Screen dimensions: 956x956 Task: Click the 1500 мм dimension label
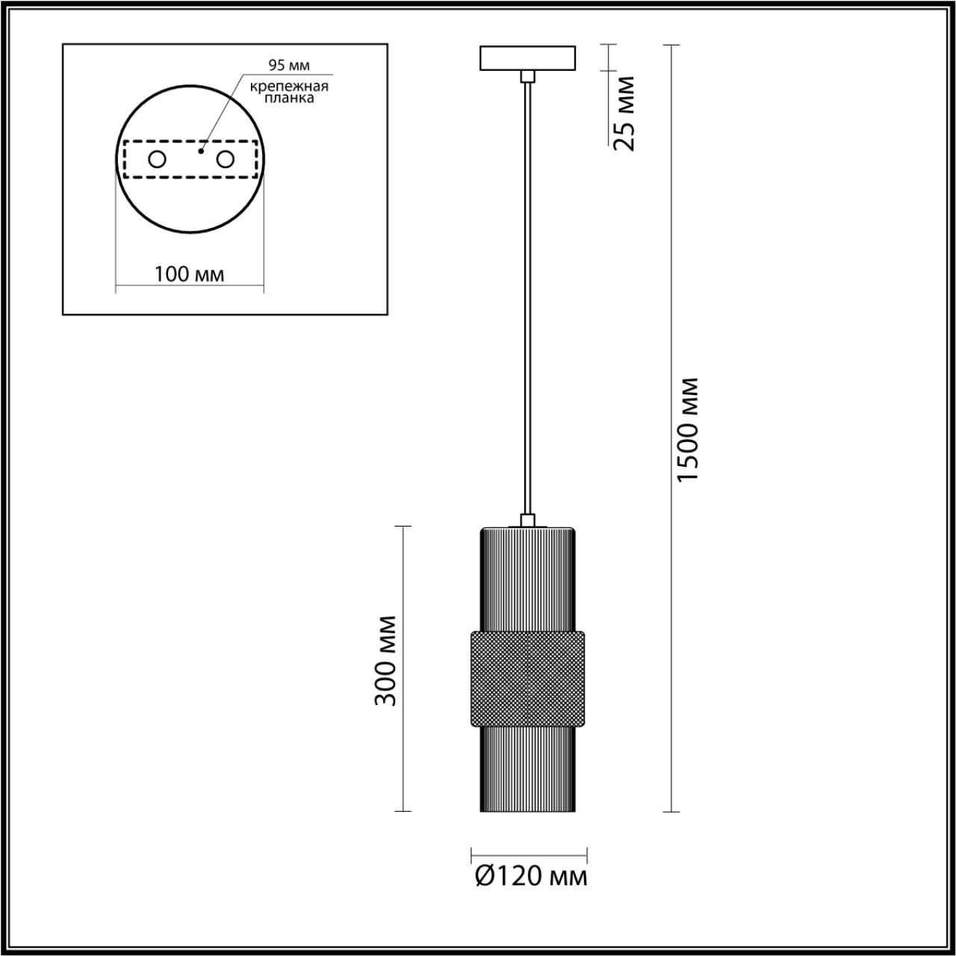688,429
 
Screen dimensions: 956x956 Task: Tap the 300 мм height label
386,661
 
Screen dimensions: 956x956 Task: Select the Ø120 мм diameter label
531,876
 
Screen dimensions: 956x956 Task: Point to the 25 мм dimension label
624,113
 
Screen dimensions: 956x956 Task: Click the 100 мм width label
189,274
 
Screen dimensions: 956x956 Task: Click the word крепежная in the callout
290,86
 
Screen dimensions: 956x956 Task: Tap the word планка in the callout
288,98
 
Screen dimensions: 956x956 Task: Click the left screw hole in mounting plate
158,159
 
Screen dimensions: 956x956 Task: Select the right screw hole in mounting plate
226,159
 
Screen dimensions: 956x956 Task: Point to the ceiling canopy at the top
528,58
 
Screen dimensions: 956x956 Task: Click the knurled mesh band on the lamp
527,678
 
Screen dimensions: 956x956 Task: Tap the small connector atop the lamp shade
527,521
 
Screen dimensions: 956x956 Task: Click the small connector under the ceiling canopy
528,75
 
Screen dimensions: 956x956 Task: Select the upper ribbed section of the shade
527,579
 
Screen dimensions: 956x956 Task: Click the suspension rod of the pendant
528,299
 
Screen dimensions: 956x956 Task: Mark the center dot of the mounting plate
199,151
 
